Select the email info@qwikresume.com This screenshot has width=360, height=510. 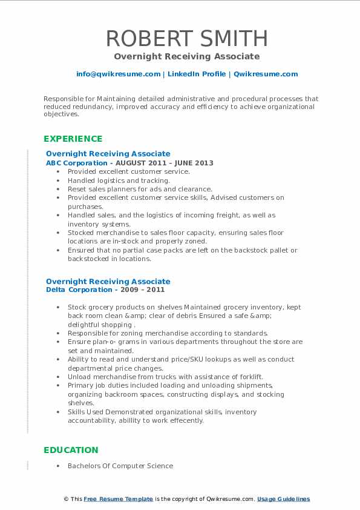(119, 74)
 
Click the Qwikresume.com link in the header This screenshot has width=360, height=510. (266, 74)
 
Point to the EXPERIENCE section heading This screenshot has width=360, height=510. (73, 139)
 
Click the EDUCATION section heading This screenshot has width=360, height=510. (71, 450)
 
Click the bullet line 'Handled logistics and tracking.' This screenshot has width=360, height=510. (119, 180)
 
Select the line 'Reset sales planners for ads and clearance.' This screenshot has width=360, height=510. (140, 189)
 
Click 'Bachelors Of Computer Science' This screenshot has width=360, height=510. (120, 466)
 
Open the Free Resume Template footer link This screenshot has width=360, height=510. (119, 499)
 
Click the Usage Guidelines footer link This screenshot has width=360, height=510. (283, 499)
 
